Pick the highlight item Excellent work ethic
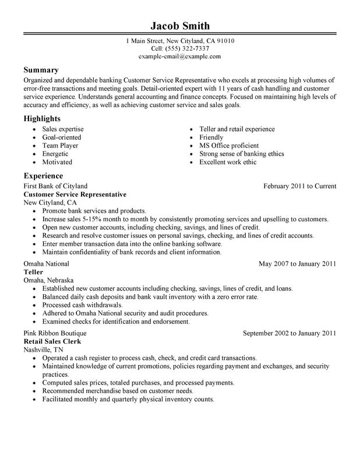[x=228, y=162]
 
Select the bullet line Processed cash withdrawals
[x=83, y=305]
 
